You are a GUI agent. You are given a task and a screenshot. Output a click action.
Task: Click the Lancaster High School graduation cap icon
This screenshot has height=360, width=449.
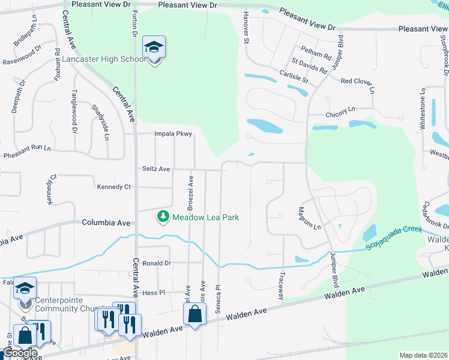pos(154,47)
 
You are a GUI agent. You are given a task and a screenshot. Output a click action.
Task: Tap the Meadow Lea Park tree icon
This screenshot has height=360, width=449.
pos(163,216)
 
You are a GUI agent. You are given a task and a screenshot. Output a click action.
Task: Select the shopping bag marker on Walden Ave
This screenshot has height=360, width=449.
pos(194,314)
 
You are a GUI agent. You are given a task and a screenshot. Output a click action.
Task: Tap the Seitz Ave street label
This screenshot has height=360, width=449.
pos(155,169)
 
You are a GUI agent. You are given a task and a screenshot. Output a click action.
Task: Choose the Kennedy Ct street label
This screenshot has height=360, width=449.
pos(113,187)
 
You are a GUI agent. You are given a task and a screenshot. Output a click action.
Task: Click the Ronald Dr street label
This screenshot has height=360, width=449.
pos(157,263)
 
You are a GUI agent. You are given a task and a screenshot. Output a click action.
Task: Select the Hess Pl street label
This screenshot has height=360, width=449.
pos(154,292)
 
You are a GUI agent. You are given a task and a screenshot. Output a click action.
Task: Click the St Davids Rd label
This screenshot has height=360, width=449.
pos(310,65)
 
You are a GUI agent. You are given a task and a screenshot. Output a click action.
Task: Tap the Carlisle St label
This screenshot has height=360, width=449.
pos(294,75)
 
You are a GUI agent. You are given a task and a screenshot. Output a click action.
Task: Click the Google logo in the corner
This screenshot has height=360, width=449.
pos(20,353)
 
